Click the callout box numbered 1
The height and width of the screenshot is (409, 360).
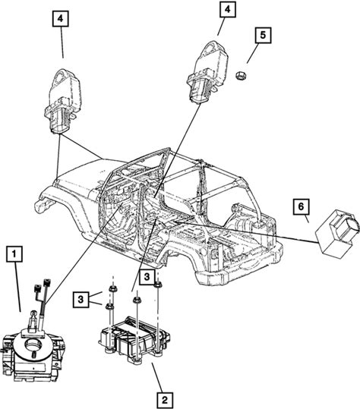click(x=14, y=255)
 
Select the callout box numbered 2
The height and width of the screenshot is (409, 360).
click(x=165, y=400)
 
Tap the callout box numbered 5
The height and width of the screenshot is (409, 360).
click(x=263, y=35)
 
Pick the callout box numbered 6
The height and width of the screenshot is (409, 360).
click(x=301, y=207)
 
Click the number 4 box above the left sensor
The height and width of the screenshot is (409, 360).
click(x=61, y=19)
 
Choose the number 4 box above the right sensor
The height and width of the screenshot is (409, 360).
click(x=228, y=10)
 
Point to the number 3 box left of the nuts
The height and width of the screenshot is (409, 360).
click(x=81, y=299)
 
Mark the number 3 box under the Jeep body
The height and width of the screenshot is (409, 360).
click(x=147, y=277)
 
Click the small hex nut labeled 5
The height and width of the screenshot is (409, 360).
click(x=242, y=76)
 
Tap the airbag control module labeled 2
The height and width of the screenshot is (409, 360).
click(x=135, y=339)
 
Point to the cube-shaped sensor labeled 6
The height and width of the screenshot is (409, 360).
click(x=337, y=232)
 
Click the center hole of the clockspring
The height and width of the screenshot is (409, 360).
click(x=33, y=345)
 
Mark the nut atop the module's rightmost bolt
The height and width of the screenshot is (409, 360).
click(x=158, y=285)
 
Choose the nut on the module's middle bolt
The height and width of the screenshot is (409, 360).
click(x=136, y=300)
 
